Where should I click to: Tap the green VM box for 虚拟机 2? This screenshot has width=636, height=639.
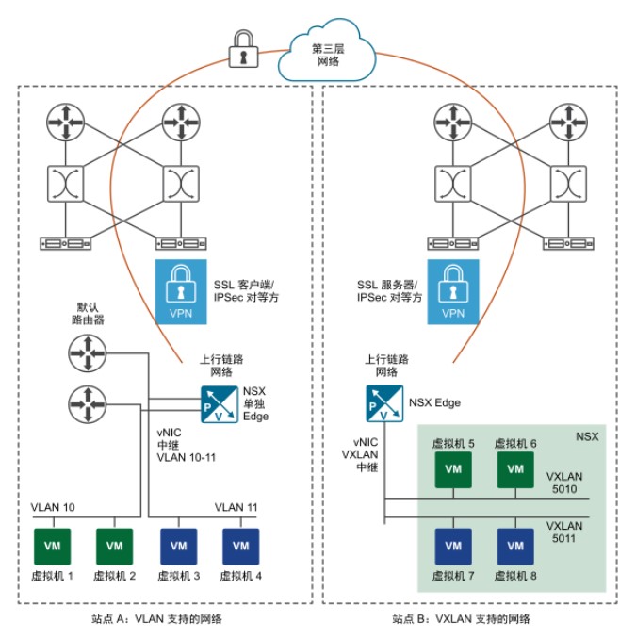(x=114, y=546)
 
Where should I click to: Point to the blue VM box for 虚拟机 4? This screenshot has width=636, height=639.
(x=241, y=546)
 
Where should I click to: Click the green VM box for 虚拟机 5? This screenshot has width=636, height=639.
(x=453, y=469)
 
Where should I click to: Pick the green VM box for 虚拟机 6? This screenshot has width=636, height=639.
(x=514, y=469)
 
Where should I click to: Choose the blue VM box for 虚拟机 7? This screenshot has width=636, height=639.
(x=453, y=546)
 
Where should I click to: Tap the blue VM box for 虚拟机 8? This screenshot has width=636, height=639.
(x=514, y=546)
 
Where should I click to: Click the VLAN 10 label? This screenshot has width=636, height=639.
(x=54, y=507)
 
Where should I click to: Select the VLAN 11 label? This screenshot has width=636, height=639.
(x=236, y=507)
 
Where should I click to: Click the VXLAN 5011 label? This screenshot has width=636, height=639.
(x=566, y=534)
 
